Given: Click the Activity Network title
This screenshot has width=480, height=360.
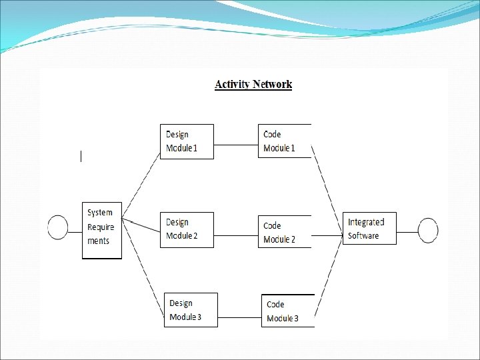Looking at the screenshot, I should (253, 84).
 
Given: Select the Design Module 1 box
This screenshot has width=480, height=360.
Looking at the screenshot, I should (187, 141).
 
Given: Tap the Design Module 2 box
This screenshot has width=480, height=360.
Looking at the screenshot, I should (187, 229).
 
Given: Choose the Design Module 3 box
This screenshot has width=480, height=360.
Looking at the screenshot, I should (191, 310).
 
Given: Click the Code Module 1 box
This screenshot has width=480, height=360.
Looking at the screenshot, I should (285, 141).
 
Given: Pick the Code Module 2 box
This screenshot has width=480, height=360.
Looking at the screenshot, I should (285, 231).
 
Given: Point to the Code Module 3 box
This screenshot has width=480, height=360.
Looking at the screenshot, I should (287, 311).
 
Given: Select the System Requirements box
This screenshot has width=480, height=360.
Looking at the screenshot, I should (102, 230).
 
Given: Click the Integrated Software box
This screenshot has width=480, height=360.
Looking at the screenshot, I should (369, 229).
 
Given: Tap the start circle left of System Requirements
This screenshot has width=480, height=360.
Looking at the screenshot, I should (58, 227).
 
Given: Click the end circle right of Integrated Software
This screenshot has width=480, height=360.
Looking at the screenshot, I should (428, 231).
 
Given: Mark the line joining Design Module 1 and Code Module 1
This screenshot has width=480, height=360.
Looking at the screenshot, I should (236, 144).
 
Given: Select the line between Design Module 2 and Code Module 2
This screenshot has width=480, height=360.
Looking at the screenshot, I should (236, 235).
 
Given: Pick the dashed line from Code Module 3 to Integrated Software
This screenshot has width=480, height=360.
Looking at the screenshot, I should (329, 277).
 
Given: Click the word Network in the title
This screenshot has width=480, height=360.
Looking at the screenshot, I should (271, 84).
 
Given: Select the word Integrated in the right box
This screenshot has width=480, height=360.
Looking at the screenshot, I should (366, 222).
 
